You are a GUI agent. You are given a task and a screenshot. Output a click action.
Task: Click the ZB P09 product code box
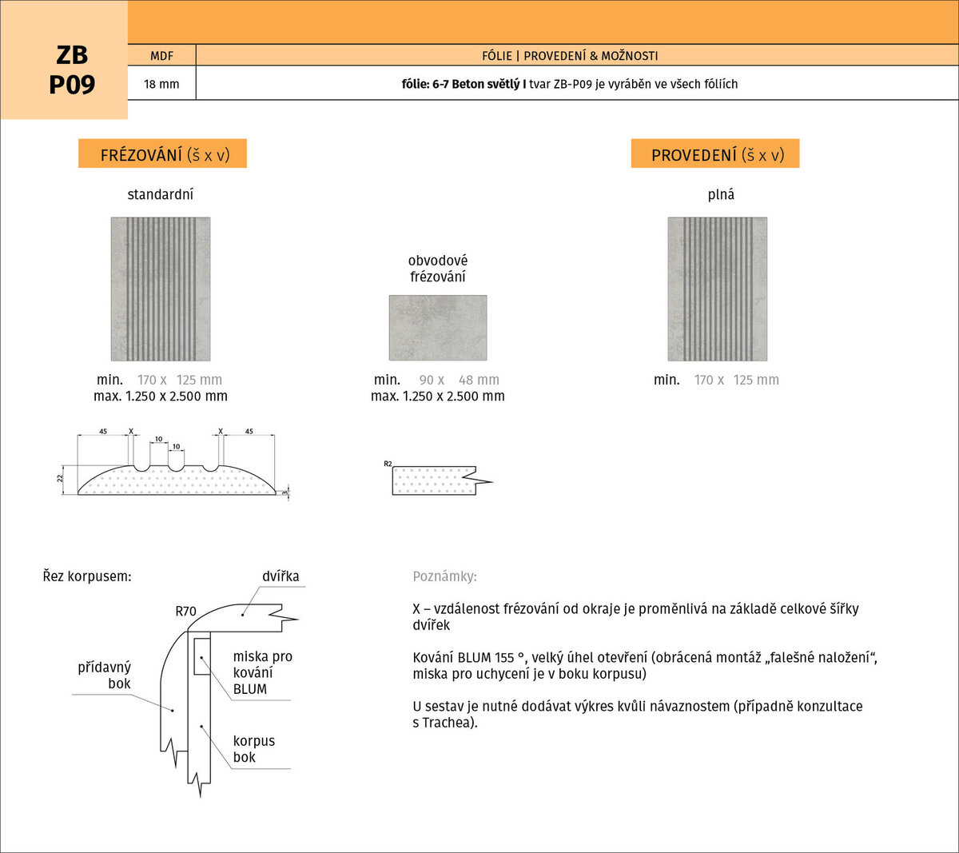point(64,60)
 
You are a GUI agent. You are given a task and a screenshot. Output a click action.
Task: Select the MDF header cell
point(162,55)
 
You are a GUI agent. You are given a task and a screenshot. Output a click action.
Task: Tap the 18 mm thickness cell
point(162,84)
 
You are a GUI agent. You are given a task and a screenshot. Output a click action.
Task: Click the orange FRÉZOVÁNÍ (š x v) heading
point(162,153)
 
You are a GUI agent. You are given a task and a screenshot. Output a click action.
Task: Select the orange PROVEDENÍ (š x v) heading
point(715,153)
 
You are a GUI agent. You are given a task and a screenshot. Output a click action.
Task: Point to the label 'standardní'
point(161,194)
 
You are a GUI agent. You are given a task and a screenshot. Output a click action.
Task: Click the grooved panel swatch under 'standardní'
point(161,289)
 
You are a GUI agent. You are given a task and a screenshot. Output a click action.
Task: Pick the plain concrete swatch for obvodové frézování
point(438,328)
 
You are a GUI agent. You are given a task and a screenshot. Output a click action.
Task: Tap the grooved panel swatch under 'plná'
point(718,289)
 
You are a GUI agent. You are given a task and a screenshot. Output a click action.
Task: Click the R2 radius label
point(388,464)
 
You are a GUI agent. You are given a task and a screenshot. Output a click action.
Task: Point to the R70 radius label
point(185,612)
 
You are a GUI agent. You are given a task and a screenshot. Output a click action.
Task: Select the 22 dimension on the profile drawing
point(60,479)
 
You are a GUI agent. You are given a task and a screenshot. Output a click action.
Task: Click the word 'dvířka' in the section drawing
point(281,576)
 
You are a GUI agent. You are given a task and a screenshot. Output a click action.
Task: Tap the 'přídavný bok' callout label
point(105,676)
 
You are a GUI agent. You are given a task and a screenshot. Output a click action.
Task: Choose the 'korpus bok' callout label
point(253,749)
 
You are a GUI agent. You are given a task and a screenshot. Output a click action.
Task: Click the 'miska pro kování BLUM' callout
point(263,672)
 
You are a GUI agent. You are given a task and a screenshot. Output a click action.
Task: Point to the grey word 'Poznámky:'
point(445,576)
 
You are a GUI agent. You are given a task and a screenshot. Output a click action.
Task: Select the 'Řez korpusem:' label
point(87,576)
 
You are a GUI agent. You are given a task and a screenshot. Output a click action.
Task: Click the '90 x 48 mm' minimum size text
point(460,380)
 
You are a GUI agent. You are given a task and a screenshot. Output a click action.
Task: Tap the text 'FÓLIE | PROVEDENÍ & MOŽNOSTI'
point(570,56)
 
